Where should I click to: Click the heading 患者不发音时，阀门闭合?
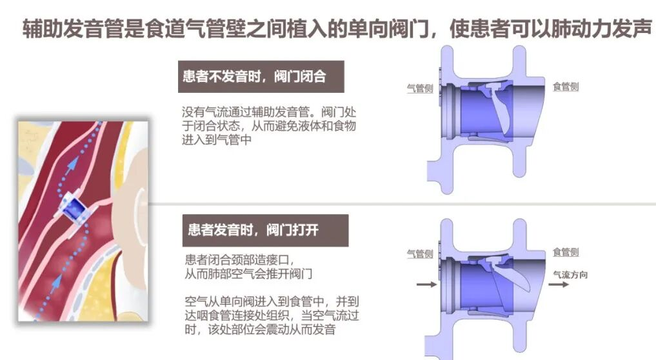(254, 77)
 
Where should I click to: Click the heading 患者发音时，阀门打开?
(253, 230)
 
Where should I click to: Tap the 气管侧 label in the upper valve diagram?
(420, 88)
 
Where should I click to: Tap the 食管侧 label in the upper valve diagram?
(566, 86)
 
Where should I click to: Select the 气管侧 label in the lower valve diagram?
(420, 254)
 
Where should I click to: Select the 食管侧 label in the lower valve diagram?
(566, 252)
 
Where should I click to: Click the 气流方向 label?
(570, 275)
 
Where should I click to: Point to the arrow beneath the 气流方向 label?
(559, 285)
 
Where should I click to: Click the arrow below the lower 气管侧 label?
(427, 285)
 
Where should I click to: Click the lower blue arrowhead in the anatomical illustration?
(55, 283)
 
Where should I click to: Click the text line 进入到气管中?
(217, 140)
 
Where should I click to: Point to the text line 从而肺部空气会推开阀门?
(248, 274)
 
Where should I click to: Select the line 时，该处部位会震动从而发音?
(260, 330)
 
